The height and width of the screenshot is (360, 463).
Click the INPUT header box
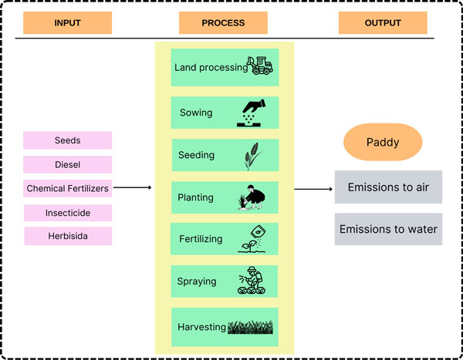[67, 23]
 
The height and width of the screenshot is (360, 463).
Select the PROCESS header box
[222, 23]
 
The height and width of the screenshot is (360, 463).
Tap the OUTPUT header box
[382, 23]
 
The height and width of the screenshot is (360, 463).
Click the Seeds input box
[67, 140]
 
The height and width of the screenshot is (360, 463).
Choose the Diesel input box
[67, 164]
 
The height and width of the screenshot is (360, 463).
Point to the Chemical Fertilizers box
[67, 188]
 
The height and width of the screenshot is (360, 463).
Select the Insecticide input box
[67, 212]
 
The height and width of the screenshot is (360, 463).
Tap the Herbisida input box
[67, 236]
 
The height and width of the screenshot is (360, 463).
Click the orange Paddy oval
[383, 143]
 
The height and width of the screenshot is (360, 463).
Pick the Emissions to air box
[388, 187]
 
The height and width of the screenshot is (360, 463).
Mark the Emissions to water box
[388, 229]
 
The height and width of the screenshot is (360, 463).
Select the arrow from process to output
[313, 189]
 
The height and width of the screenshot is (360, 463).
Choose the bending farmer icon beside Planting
[252, 197]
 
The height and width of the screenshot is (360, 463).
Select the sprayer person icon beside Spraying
[253, 281]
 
